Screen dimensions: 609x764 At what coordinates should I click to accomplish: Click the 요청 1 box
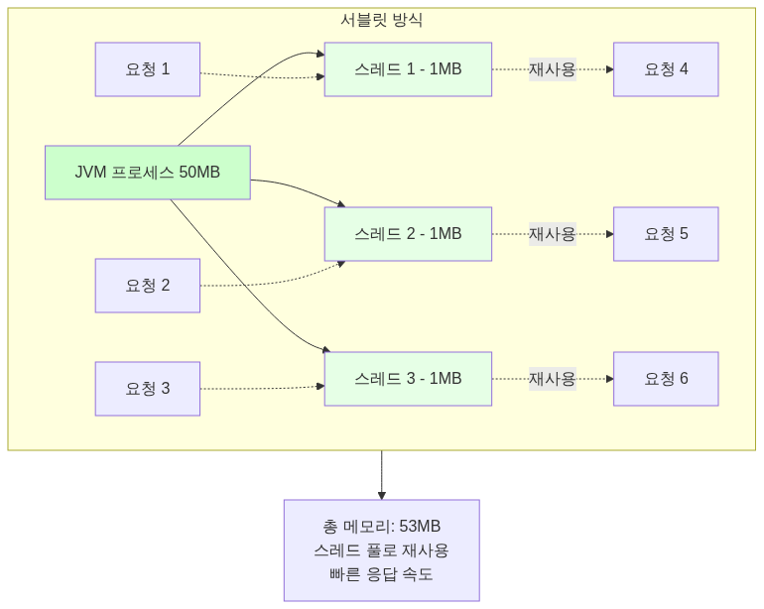(x=147, y=69)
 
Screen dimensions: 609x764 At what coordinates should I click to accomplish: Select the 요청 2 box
(x=147, y=286)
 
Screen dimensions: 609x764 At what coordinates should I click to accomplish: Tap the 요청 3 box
(x=147, y=389)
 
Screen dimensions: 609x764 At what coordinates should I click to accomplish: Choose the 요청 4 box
(x=665, y=69)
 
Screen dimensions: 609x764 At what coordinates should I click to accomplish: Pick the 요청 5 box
(x=665, y=234)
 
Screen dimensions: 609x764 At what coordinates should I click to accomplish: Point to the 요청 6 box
(x=665, y=379)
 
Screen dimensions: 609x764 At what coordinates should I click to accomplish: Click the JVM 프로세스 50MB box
(x=147, y=173)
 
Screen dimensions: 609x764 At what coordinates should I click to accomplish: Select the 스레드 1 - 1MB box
(x=408, y=69)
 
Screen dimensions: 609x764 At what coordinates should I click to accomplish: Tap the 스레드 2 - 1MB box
(x=408, y=234)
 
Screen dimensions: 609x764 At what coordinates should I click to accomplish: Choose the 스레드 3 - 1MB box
(x=408, y=379)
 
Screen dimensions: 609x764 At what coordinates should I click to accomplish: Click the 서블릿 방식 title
(x=381, y=20)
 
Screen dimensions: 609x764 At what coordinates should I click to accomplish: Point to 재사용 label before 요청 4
(x=552, y=69)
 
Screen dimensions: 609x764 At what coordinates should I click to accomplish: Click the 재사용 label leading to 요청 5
(x=552, y=234)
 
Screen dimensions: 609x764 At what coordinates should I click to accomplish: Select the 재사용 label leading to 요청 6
(x=552, y=379)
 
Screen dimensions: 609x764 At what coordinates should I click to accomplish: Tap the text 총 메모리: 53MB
(x=381, y=527)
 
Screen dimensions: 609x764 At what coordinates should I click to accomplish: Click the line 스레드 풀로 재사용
(x=381, y=550)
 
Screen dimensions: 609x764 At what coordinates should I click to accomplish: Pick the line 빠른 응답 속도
(x=381, y=574)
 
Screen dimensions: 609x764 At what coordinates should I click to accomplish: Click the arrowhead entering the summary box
(x=381, y=495)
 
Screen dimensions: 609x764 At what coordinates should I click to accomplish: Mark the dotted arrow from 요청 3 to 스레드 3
(x=262, y=388)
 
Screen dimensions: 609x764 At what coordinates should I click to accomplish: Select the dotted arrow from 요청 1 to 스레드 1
(x=262, y=76)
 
